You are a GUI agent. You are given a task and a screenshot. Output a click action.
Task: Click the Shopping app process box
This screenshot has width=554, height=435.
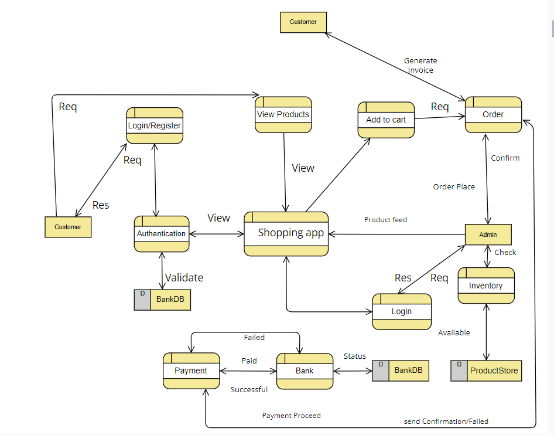286,233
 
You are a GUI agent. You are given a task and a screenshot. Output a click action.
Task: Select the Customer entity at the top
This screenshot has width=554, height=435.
303,22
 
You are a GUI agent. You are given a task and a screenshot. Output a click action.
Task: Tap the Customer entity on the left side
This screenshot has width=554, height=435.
68,227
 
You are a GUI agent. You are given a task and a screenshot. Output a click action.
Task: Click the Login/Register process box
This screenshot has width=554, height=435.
155,125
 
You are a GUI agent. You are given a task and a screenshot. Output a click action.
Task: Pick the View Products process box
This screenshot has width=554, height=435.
283,114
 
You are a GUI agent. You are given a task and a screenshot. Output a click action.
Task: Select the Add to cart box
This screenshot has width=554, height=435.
386,120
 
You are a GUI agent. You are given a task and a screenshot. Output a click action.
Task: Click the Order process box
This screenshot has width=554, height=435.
493,114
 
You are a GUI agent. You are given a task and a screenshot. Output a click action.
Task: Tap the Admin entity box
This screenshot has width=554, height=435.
488,235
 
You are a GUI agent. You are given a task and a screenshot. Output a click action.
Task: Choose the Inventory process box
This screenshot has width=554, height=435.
486,286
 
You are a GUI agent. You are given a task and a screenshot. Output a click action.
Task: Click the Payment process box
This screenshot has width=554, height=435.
191,371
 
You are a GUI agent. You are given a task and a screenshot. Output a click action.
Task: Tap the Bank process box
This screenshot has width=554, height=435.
305,371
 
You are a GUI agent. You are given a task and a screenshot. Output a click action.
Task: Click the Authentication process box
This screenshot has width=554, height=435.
162,233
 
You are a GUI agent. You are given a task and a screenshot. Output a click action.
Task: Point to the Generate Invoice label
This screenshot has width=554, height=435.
420,65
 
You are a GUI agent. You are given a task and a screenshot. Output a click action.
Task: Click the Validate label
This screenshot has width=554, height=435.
184,278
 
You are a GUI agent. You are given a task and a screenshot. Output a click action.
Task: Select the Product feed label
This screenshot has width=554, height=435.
385,220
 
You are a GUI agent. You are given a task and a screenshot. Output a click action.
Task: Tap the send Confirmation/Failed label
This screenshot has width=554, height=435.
446,422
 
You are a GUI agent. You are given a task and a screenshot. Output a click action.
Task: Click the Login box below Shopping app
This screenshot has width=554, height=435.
402,311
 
